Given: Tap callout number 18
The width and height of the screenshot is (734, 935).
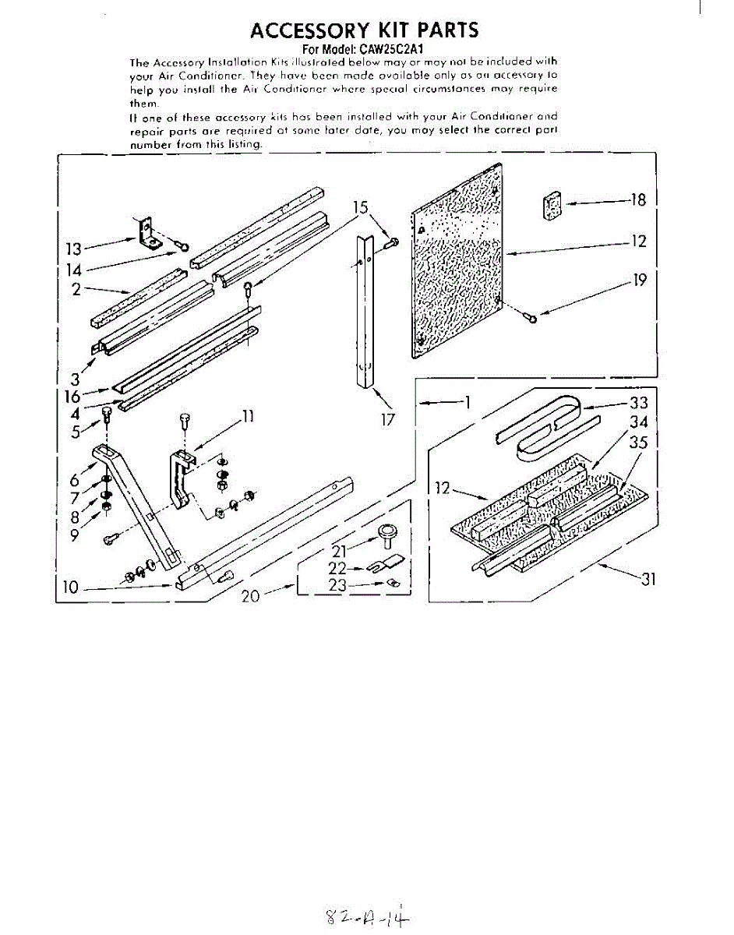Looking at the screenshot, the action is (638, 200).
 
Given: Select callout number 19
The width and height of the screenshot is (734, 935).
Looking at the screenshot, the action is (640, 279).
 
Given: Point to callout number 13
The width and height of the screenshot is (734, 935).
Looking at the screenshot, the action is (73, 249).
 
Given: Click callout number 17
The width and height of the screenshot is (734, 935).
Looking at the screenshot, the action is (388, 420).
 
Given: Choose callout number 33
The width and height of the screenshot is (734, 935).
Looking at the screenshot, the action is (638, 402).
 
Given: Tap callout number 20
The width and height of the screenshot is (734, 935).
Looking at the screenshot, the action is (251, 596).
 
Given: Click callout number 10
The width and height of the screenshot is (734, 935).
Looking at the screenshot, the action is (71, 587).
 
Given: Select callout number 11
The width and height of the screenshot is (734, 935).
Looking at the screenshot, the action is (247, 416).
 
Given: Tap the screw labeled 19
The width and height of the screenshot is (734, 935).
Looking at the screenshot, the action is (531, 317).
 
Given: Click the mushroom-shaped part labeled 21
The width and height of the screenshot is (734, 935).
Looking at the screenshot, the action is (384, 535).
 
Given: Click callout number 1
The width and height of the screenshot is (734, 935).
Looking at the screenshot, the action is (468, 402).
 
